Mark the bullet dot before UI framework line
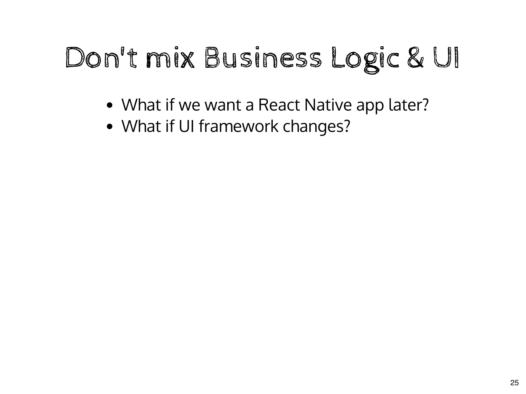coord(110,127)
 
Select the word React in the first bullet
coord(279,105)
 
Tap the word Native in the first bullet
coord(327,105)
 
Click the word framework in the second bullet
coord(238,126)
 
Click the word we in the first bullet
coord(189,106)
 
